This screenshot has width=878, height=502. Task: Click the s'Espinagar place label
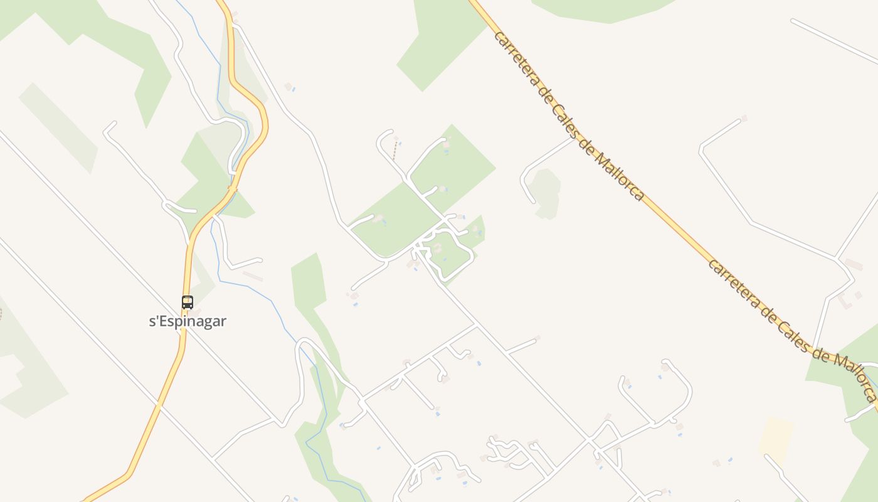coord(188,321)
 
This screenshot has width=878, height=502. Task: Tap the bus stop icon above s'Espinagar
coord(188,302)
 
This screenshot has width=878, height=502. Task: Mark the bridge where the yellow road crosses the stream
coord(233,188)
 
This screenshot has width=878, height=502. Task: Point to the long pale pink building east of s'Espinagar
coord(253,275)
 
